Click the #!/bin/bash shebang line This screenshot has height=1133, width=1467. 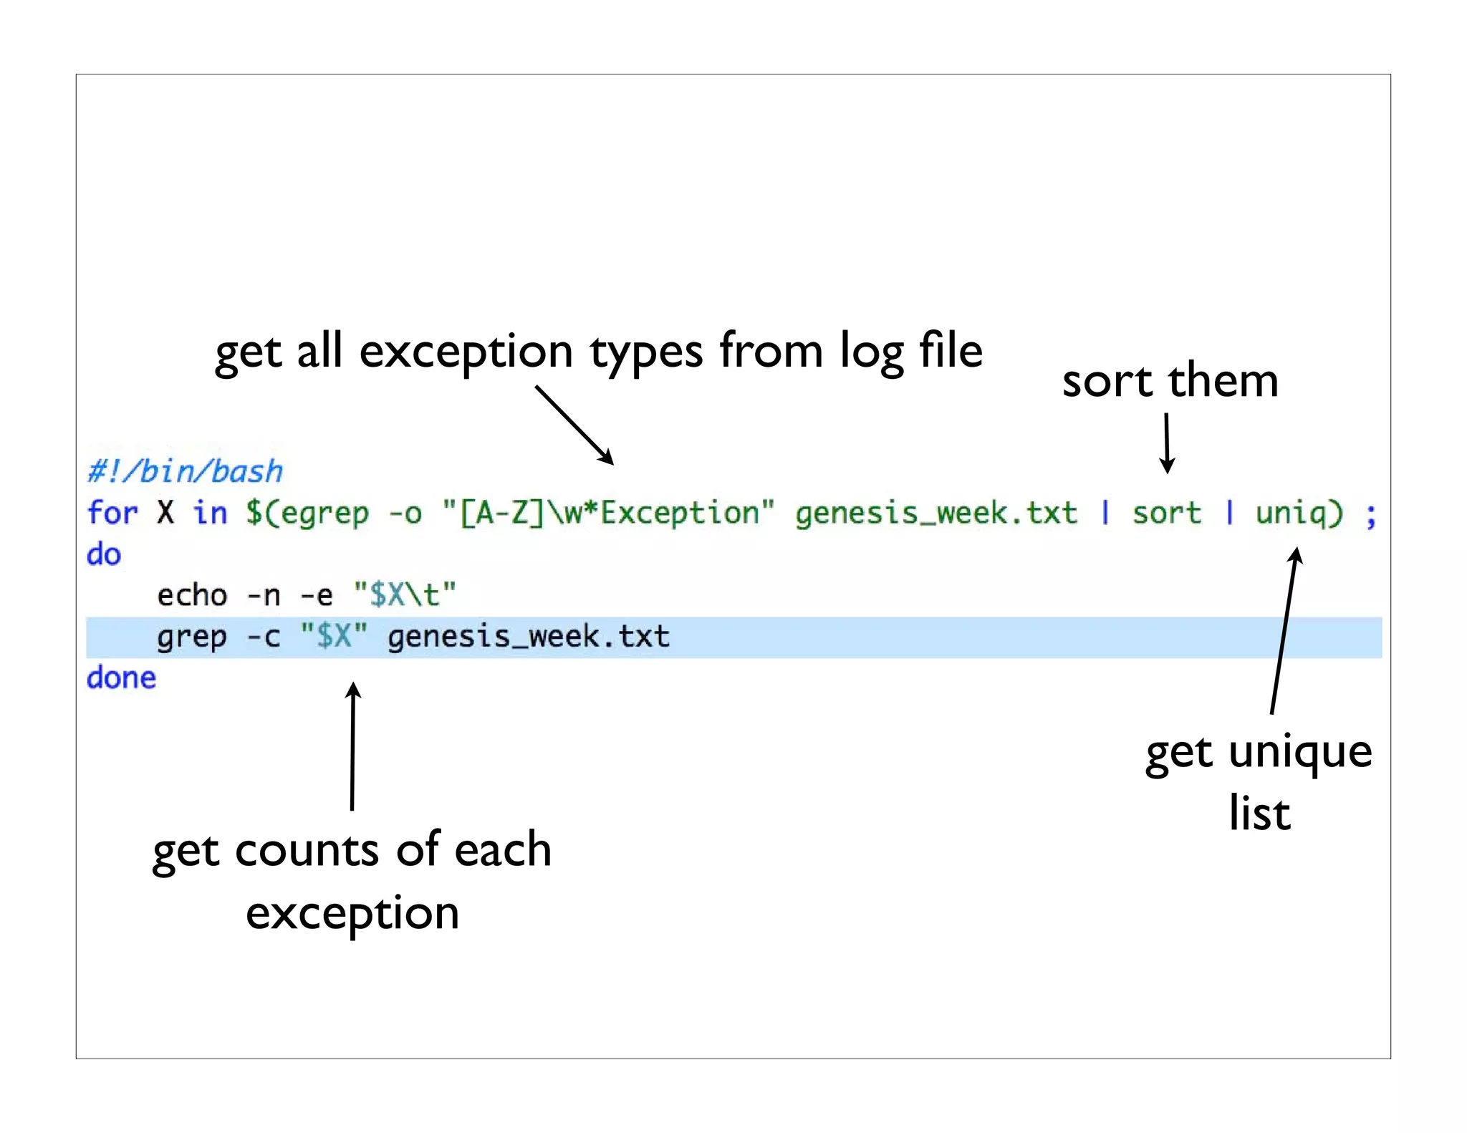[185, 471]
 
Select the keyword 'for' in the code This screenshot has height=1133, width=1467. [112, 513]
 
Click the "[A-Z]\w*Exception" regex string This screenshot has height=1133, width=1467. [608, 514]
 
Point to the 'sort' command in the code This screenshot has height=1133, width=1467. [1166, 514]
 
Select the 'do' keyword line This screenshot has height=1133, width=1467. [104, 554]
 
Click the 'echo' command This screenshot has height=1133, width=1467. [192, 595]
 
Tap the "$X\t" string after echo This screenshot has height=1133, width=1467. [405, 595]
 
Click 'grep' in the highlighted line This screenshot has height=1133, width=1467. [192, 637]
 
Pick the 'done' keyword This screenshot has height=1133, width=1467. [121, 678]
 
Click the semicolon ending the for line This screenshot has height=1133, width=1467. [1370, 514]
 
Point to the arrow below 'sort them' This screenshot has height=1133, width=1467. [1167, 443]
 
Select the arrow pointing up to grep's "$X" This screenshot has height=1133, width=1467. [352, 745]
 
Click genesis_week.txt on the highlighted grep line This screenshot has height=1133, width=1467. [529, 637]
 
